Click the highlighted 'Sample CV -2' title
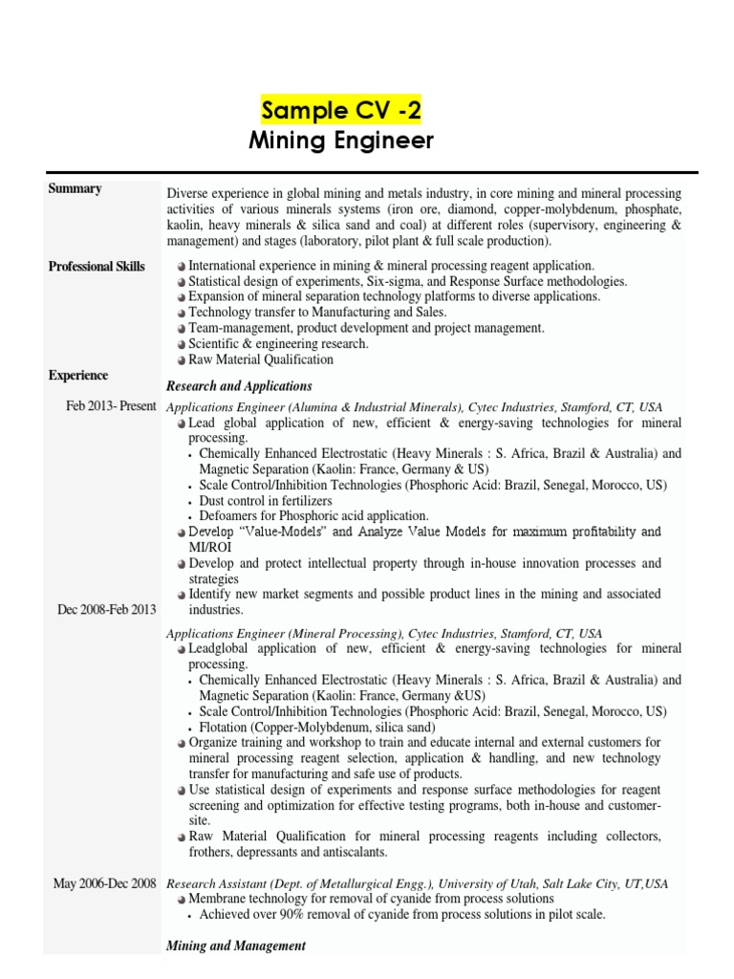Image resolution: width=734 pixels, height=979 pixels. [x=341, y=110]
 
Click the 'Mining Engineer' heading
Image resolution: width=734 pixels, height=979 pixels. [x=341, y=141]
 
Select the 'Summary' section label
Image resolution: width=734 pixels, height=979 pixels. [x=75, y=189]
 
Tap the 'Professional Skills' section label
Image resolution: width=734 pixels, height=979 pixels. [x=97, y=267]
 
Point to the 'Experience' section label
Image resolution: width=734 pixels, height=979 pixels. [x=78, y=376]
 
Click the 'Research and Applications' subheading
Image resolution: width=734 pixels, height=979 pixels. [x=239, y=386]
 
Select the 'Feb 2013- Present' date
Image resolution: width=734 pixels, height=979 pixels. [x=111, y=406]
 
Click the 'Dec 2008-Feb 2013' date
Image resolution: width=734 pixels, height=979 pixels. [x=107, y=610]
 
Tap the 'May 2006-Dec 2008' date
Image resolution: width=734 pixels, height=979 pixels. [x=104, y=884]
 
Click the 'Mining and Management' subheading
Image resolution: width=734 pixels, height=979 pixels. [x=236, y=946]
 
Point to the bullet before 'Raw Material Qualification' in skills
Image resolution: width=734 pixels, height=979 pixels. [x=181, y=360]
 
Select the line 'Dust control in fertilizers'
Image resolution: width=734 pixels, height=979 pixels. [x=266, y=501]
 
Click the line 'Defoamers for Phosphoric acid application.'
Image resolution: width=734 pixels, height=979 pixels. [x=313, y=516]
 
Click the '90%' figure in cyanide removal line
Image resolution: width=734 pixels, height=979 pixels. [x=288, y=915]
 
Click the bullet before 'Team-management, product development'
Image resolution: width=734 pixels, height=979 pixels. [x=181, y=328]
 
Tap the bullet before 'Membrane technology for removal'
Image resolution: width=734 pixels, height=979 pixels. [x=181, y=900]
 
